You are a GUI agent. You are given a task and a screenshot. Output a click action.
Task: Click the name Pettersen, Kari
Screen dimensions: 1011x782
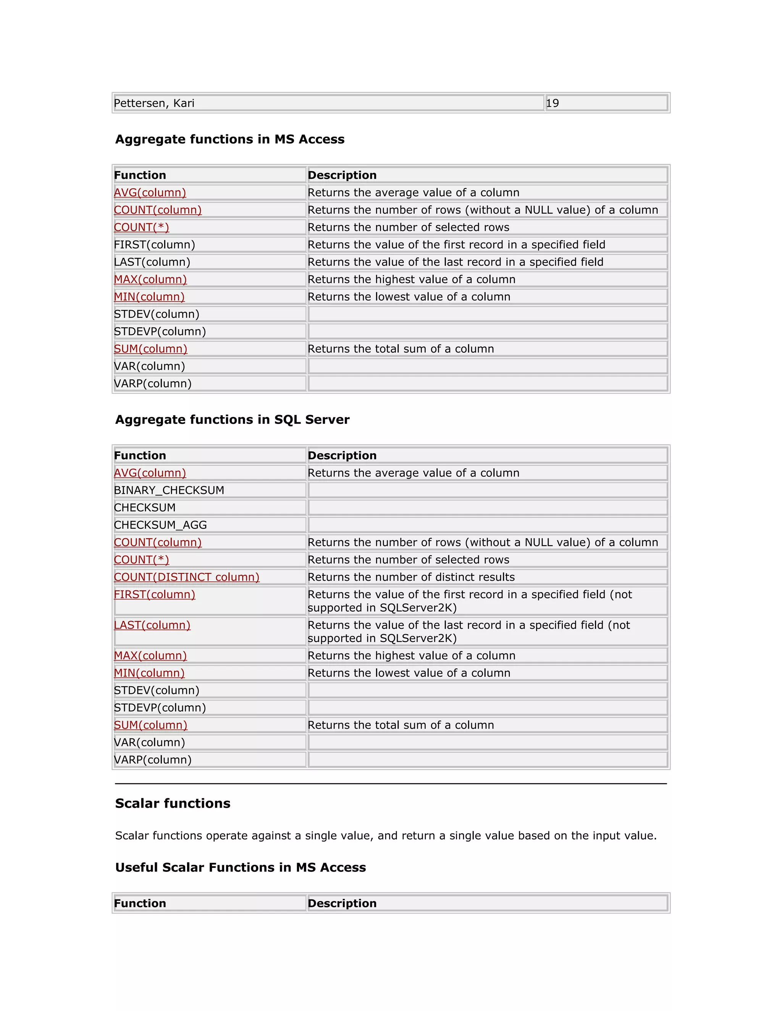(154, 103)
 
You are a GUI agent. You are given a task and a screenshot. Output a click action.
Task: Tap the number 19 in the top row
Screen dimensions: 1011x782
(552, 103)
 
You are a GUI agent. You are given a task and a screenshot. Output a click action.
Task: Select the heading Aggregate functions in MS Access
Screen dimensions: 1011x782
(230, 139)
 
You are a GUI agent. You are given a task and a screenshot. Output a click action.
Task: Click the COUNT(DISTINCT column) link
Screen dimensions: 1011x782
(186, 577)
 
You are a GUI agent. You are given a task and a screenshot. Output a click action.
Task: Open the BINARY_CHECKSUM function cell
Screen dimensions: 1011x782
(169, 490)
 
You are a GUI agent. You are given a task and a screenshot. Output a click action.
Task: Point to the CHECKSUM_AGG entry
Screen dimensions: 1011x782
(160, 525)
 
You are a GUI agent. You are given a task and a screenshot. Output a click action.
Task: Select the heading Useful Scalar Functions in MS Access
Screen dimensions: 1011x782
(241, 868)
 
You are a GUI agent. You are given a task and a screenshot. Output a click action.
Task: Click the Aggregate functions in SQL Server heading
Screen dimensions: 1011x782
(232, 419)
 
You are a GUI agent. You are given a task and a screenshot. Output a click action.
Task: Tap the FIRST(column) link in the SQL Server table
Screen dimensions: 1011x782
(154, 594)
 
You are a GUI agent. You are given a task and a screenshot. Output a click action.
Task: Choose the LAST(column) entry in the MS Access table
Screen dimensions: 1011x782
(152, 262)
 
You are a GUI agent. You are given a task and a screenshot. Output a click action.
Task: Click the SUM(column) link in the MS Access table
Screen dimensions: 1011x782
(150, 349)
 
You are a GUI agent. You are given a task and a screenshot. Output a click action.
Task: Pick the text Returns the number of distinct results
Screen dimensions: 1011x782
(411, 577)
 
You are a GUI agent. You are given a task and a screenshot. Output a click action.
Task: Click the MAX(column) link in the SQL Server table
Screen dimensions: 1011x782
(150, 656)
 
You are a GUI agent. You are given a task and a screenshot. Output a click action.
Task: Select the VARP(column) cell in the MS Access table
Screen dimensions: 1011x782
(152, 384)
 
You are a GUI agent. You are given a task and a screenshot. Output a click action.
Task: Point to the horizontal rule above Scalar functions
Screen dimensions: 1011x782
(391, 784)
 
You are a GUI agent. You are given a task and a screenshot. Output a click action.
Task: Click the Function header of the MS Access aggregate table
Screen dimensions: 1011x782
(140, 175)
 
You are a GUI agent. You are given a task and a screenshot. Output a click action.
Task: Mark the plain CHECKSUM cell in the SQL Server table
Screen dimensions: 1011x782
(145, 508)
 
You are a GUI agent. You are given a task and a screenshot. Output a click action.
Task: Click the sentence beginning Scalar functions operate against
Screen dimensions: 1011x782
(385, 836)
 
